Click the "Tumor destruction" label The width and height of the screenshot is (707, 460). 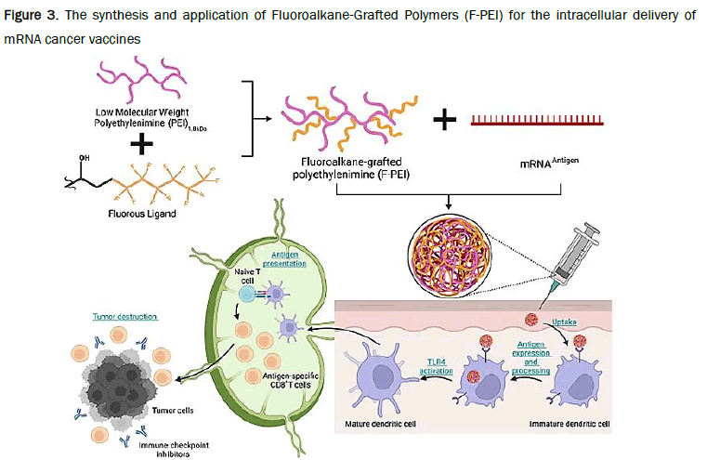click(x=119, y=316)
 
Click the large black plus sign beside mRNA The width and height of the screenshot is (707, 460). click(x=448, y=120)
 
